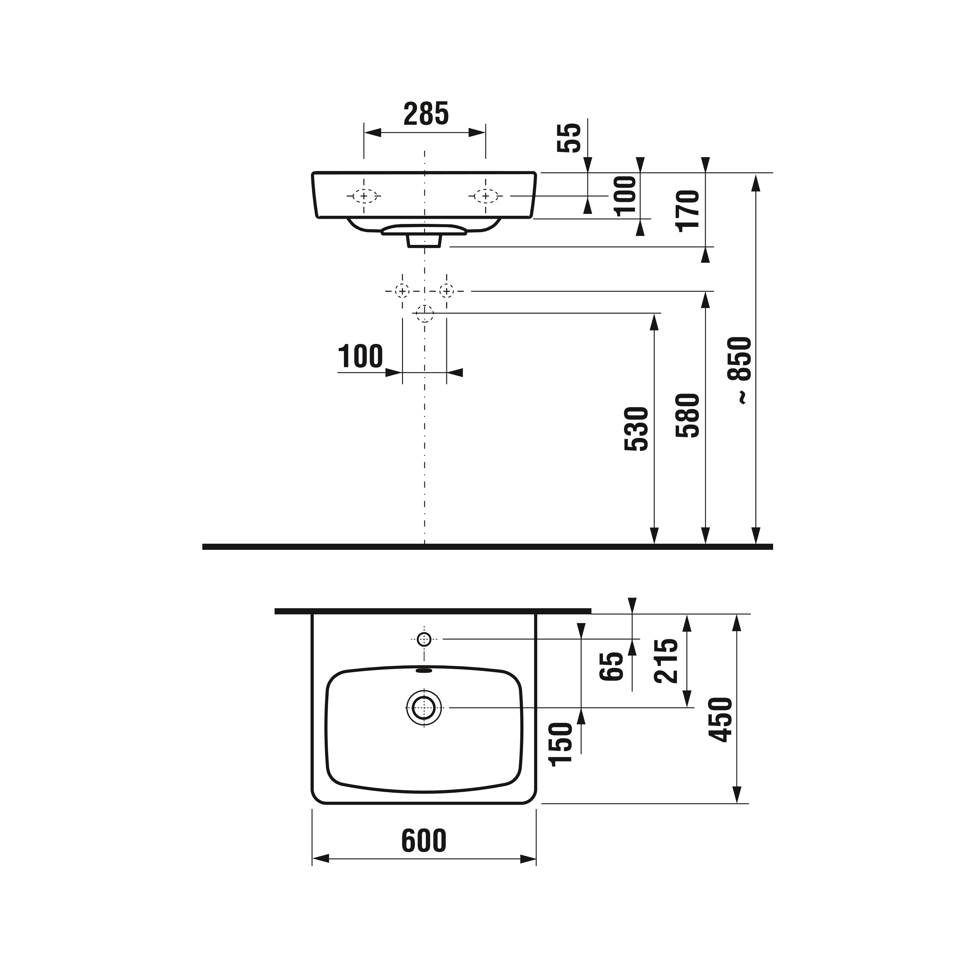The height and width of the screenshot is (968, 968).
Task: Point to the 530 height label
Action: [636, 429]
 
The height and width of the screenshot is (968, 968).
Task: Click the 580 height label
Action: [687, 415]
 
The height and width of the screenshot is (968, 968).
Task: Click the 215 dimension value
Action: [666, 660]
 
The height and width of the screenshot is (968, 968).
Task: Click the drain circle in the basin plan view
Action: [424, 708]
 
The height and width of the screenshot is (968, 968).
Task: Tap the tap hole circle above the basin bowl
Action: [424, 639]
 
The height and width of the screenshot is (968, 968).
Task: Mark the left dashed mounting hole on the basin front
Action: [364, 196]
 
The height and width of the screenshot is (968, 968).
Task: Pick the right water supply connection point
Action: [447, 291]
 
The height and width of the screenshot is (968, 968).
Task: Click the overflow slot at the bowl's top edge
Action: [424, 670]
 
